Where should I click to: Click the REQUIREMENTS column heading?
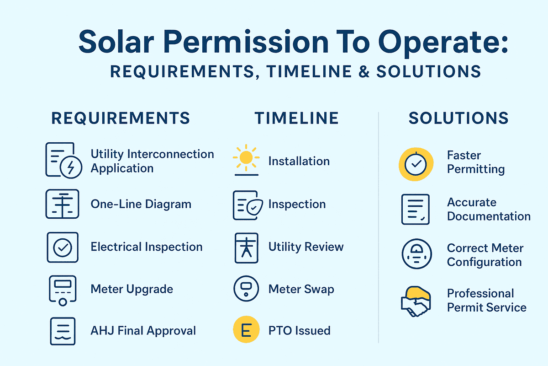point(121,118)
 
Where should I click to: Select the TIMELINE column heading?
point(297,118)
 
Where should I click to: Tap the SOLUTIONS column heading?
point(458,118)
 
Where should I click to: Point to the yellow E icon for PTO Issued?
point(246,330)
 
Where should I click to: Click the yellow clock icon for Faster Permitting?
point(416,165)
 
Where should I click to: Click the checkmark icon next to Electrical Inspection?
point(63,247)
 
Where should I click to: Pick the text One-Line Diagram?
point(141,204)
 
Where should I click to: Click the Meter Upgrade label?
point(132,289)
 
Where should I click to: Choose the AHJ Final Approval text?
point(143,330)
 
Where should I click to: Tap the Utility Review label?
point(306,247)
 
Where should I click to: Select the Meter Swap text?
point(301,289)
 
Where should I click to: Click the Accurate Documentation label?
point(488,209)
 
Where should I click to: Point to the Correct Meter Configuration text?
point(485,255)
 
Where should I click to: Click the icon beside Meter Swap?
point(246,288)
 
